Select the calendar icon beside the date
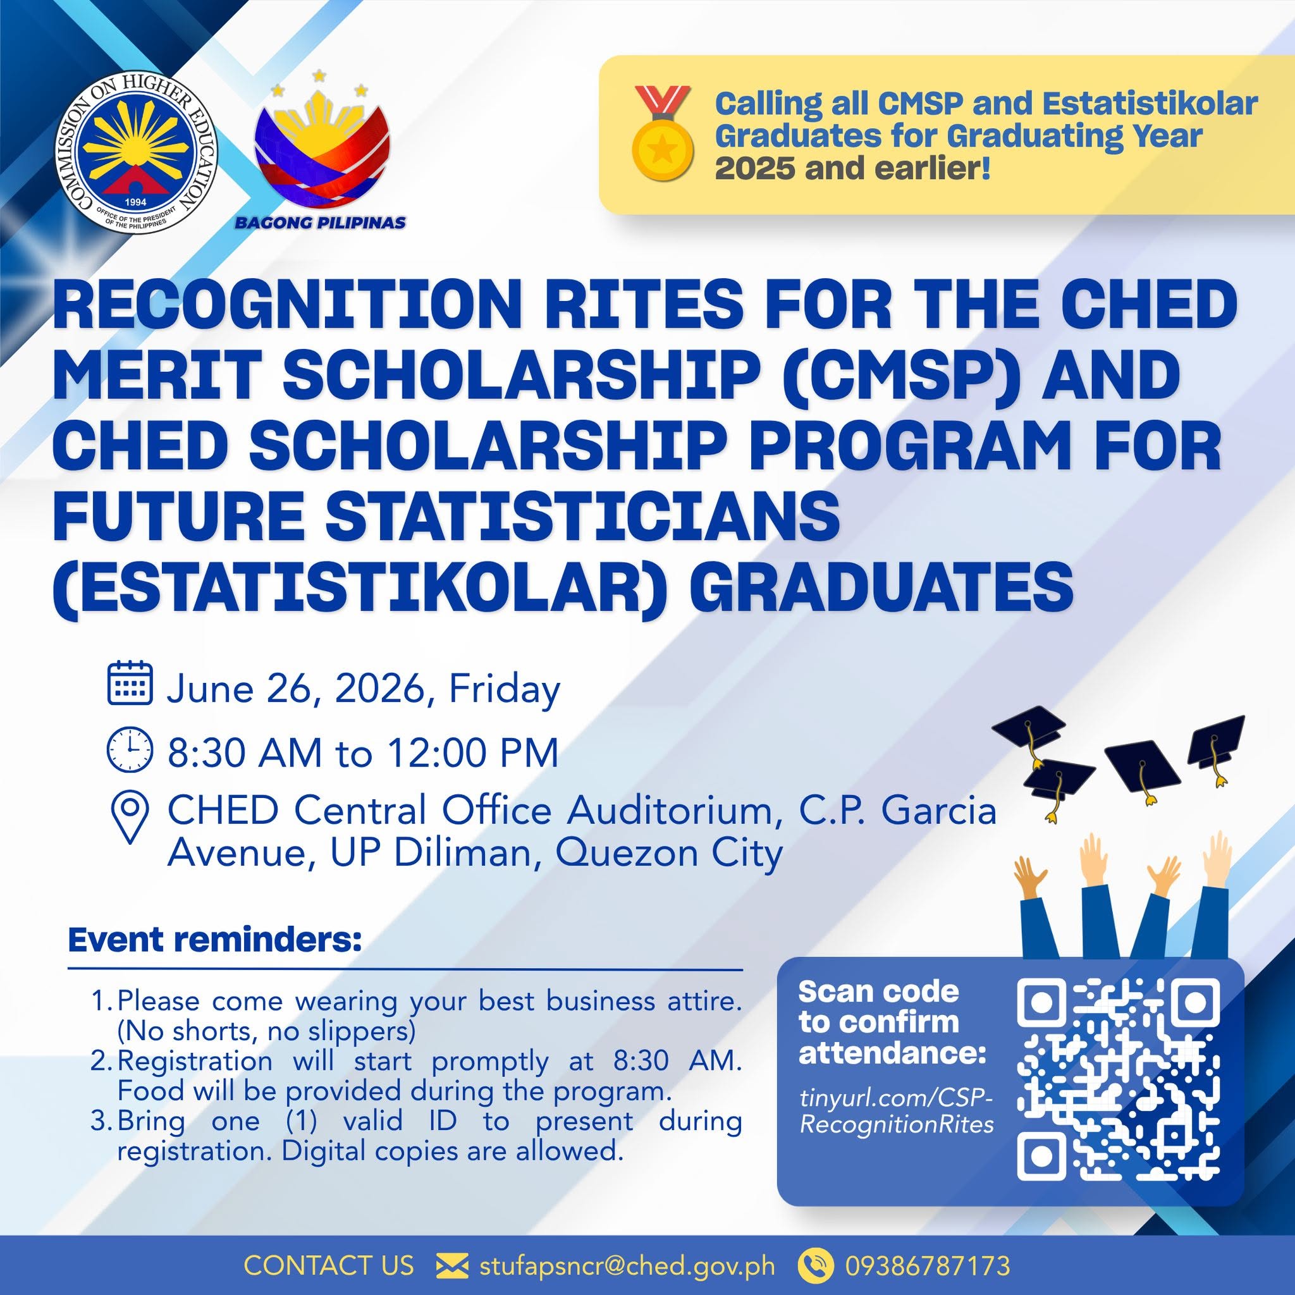(x=130, y=683)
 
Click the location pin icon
(x=129, y=817)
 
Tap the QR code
(x=1117, y=1081)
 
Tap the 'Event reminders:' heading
(x=214, y=940)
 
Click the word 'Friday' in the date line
(x=504, y=689)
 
